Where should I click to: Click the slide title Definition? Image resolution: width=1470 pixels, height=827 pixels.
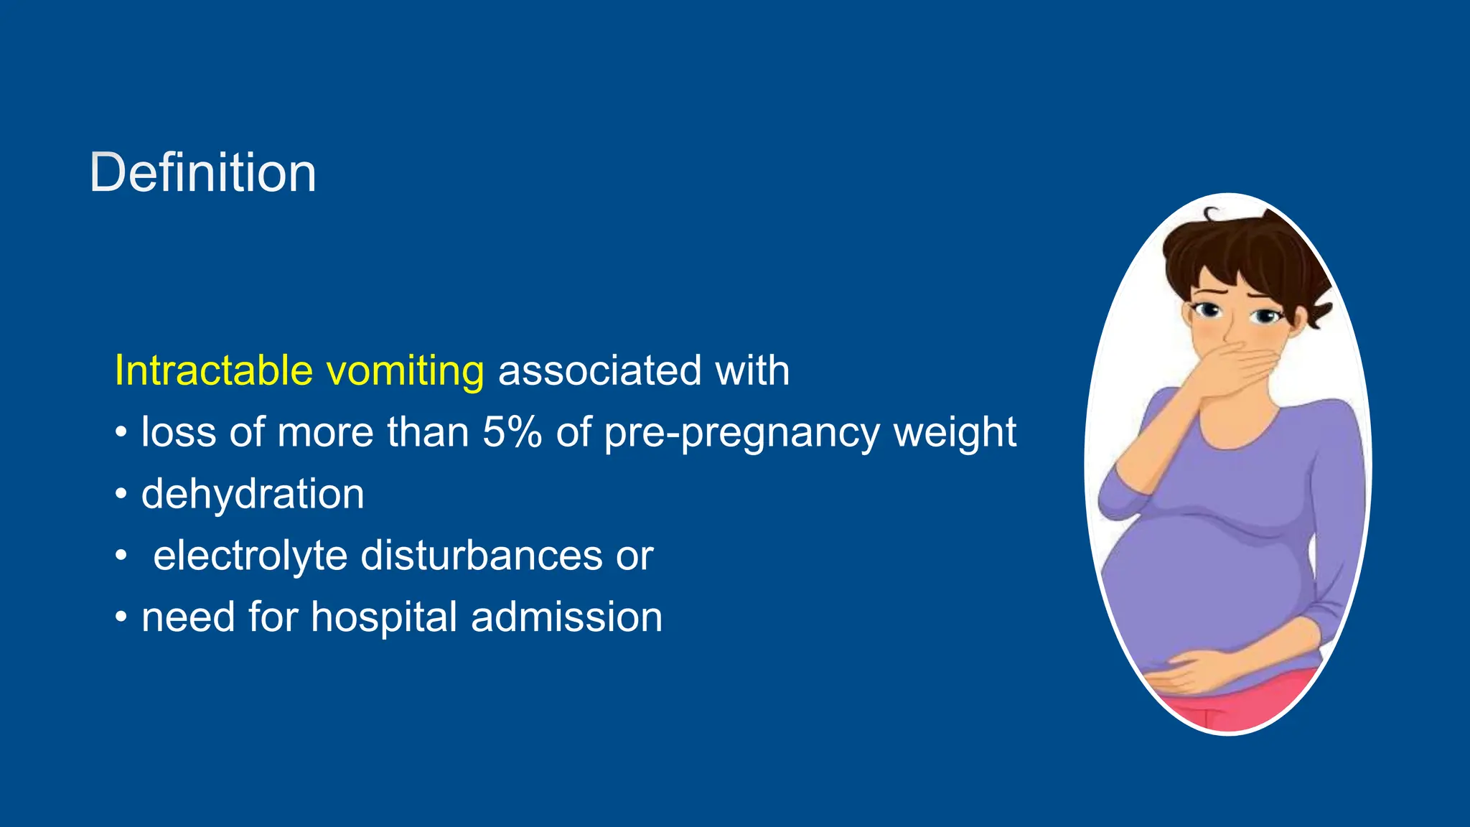pyautogui.click(x=202, y=173)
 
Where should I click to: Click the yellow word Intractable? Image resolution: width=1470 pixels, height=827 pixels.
pyautogui.click(x=214, y=371)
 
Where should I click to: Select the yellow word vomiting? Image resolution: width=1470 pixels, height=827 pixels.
pyautogui.click(x=405, y=371)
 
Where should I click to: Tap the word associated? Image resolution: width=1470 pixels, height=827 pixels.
pyautogui.click(x=599, y=371)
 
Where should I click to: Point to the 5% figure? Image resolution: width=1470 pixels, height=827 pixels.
pyautogui.click(x=512, y=432)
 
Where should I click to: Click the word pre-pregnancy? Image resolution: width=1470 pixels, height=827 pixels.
pyautogui.click(x=741, y=434)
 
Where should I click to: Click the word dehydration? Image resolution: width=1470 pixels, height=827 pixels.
pyautogui.click(x=253, y=495)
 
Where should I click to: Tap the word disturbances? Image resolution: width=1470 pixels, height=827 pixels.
pyautogui.click(x=481, y=556)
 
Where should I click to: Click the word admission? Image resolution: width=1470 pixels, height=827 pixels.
pyautogui.click(x=566, y=617)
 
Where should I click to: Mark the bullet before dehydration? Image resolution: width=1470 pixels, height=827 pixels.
pyautogui.click(x=121, y=495)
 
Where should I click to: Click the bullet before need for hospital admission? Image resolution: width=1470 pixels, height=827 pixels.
pyautogui.click(x=121, y=617)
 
